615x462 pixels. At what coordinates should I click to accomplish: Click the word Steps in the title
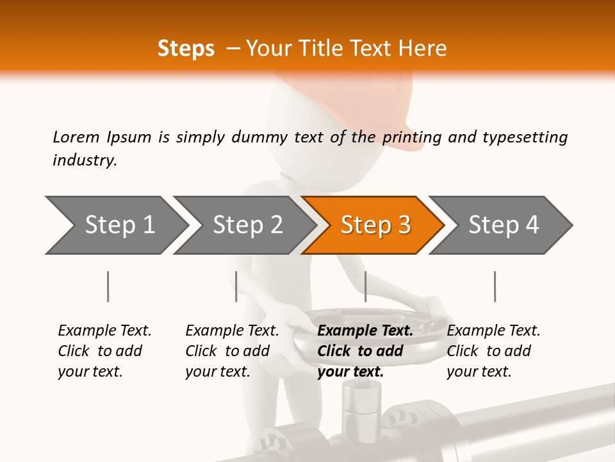tap(186, 49)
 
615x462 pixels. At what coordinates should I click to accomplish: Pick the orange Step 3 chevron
tap(375, 225)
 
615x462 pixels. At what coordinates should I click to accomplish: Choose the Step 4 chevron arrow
tap(504, 225)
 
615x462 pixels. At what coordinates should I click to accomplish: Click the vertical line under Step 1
tap(108, 286)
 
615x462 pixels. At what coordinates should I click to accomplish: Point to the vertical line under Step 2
tap(236, 286)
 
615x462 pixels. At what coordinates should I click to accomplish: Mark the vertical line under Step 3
tap(365, 286)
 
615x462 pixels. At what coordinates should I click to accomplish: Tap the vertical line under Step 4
tap(495, 286)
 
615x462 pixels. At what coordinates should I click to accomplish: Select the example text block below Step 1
tap(104, 350)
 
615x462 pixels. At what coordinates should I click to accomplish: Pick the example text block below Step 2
tap(232, 350)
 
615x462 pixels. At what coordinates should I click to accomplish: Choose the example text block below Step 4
tap(493, 350)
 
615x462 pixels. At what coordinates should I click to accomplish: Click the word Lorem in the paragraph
tap(76, 137)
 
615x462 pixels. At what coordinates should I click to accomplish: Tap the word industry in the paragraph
tap(85, 160)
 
